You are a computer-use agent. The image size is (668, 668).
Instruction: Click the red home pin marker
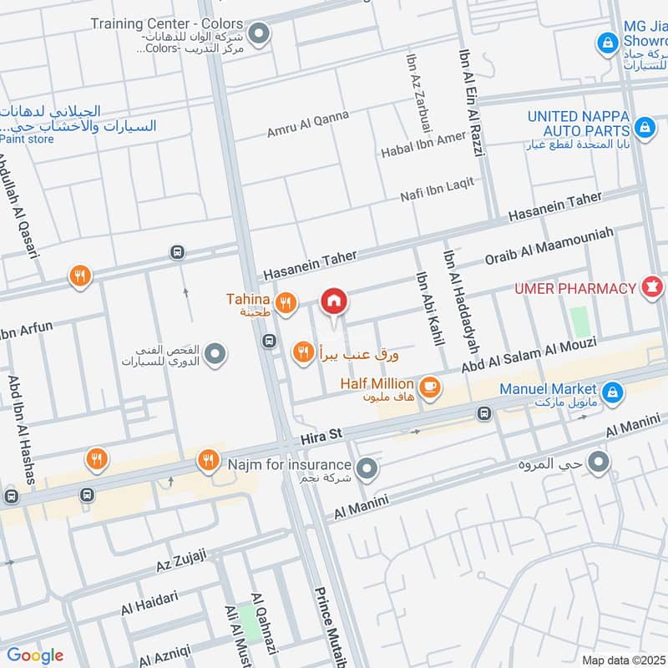click(333, 301)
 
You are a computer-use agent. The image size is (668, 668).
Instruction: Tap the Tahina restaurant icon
click(286, 304)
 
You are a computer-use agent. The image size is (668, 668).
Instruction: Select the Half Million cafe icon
click(430, 387)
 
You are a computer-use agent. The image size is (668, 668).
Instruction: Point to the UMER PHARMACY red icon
click(650, 288)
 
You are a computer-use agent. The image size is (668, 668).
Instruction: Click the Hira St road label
click(322, 435)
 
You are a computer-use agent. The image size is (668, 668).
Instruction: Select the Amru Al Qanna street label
click(307, 124)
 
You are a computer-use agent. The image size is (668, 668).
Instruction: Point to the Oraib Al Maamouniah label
click(549, 245)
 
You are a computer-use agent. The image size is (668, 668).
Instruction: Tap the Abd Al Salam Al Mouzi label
click(529, 356)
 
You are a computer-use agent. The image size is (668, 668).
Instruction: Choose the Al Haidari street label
click(149, 602)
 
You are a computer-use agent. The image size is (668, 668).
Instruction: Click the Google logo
click(35, 655)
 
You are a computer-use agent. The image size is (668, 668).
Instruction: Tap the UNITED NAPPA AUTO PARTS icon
click(644, 127)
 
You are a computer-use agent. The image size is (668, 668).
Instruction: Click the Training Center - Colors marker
click(260, 34)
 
